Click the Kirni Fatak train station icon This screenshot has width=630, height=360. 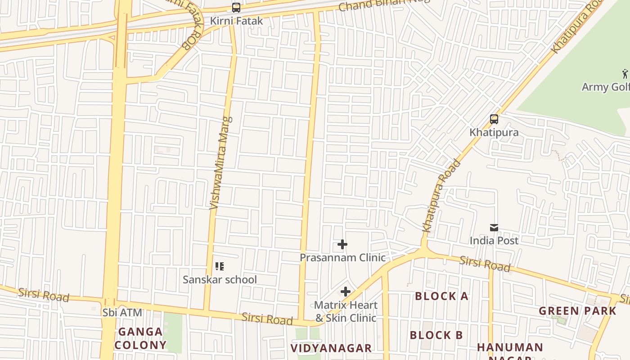(x=236, y=8)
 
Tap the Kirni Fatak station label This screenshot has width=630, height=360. (x=236, y=21)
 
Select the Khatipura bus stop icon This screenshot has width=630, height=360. (x=494, y=119)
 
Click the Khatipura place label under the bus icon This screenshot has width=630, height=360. (x=494, y=132)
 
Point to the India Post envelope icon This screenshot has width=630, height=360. (x=494, y=228)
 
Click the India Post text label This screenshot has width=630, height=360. (x=494, y=240)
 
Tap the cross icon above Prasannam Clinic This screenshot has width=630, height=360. (x=342, y=244)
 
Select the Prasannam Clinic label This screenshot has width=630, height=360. (x=342, y=257)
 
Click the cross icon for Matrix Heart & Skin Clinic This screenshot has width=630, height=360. (x=345, y=292)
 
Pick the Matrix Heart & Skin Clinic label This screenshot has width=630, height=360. (x=345, y=311)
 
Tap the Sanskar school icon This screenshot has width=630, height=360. (x=219, y=266)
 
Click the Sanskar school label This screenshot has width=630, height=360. (x=220, y=279)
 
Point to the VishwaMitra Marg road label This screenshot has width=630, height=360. (x=221, y=163)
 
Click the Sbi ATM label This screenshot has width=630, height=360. (x=122, y=312)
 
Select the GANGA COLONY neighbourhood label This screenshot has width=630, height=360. (x=140, y=338)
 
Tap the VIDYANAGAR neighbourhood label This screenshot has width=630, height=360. (x=331, y=348)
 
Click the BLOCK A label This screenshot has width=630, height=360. (x=441, y=296)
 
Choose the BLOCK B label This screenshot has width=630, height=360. (x=436, y=335)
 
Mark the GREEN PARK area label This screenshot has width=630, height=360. (x=577, y=311)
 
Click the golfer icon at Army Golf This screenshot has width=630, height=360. (x=625, y=73)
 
